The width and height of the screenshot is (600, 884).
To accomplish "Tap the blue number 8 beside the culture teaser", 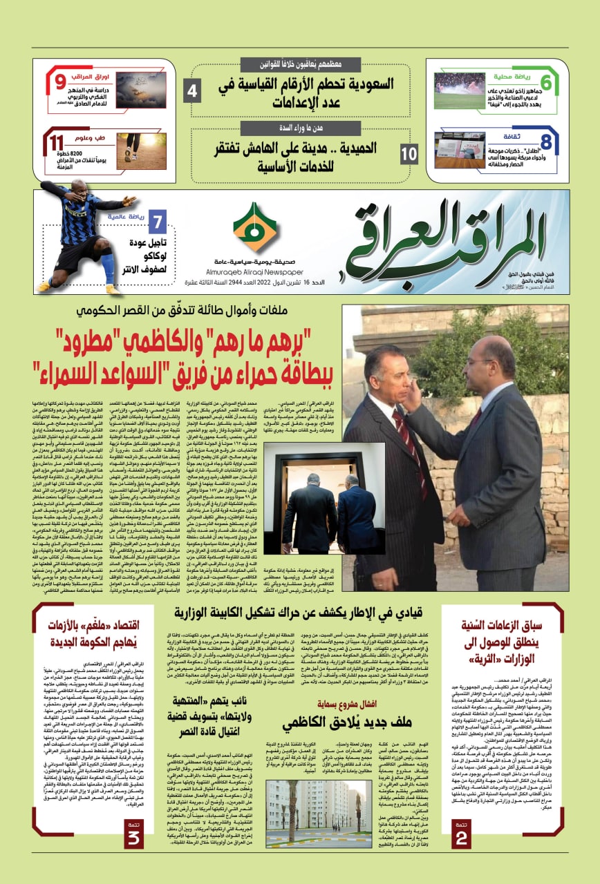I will click(x=546, y=144).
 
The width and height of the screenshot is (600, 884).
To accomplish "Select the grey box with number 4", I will click(x=193, y=90).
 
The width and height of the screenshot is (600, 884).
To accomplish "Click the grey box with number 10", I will click(x=409, y=153).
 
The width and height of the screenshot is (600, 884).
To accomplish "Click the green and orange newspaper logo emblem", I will click(x=255, y=228).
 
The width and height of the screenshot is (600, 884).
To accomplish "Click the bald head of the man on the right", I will click(x=487, y=353).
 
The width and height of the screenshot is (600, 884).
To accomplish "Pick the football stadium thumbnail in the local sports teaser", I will click(x=460, y=84).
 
